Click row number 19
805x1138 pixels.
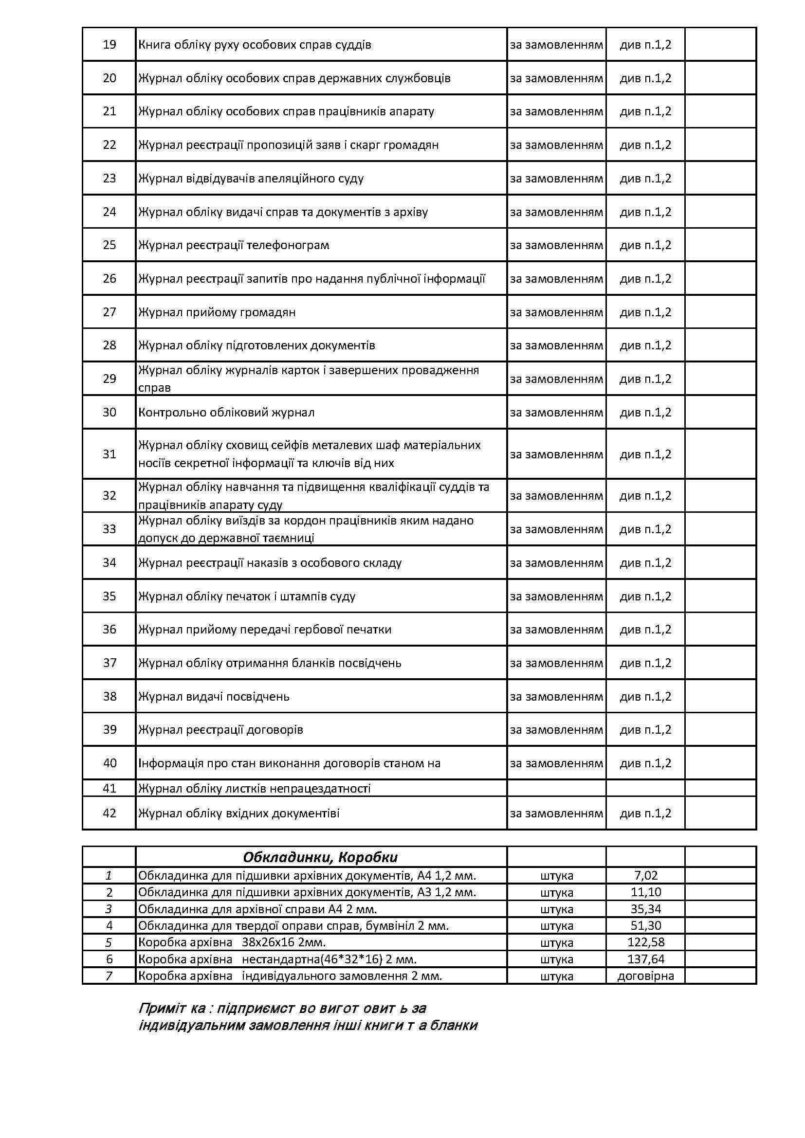tap(109, 45)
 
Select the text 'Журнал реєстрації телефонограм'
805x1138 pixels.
tap(234, 245)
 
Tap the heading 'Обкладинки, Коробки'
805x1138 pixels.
tap(320, 857)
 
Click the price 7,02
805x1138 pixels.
tap(645, 876)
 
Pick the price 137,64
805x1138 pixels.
tap(645, 959)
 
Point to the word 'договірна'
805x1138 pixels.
tap(645, 976)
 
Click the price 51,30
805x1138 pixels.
tap(645, 926)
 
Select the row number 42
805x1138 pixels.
tap(109, 813)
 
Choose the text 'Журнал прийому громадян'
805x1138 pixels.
tap(217, 312)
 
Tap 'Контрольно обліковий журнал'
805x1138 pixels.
tap(226, 413)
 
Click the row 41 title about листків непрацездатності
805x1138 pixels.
tap(254, 789)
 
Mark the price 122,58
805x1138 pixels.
tap(645, 942)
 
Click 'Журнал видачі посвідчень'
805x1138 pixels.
tap(214, 697)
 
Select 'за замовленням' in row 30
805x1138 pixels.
tap(556, 413)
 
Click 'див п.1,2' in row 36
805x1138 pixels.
tap(645, 630)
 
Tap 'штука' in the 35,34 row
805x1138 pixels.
tap(556, 909)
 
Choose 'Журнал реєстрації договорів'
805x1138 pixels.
tap(220, 730)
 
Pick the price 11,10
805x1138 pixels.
tap(645, 892)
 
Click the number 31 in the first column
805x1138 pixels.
tap(109, 454)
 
